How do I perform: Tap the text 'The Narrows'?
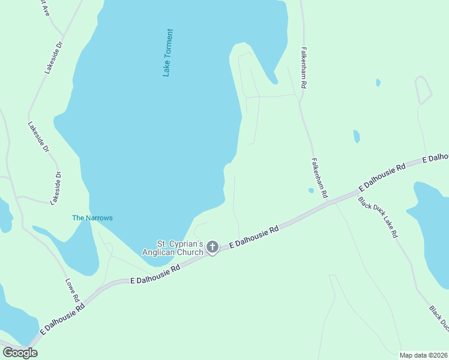coord(92,218)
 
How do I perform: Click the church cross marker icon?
coord(212,247)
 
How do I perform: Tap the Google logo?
coord(20,353)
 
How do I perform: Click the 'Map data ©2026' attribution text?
coord(424,355)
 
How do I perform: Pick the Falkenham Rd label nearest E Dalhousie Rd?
coord(319,178)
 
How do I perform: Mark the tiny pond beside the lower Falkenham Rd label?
coord(311,191)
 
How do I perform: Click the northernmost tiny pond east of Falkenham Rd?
coord(378,82)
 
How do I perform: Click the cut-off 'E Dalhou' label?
coord(435,157)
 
